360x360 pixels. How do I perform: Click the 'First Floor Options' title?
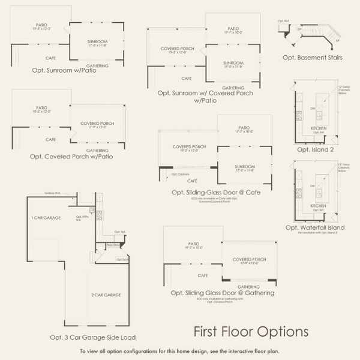pyautogui.click(x=251, y=331)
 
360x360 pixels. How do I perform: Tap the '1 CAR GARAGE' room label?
pyautogui.click(x=46, y=217)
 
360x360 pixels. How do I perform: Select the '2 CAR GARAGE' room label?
pyautogui.click(x=106, y=295)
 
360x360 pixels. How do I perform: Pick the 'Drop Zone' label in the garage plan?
pyautogui.click(x=113, y=245)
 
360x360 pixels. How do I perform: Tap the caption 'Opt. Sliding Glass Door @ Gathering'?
pyautogui.click(x=223, y=293)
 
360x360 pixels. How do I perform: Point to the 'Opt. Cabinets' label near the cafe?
pyautogui.click(x=179, y=175)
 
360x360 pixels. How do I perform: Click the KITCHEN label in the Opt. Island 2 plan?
pyautogui.click(x=318, y=128)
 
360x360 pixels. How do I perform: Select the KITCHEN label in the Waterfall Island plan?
pyautogui.click(x=318, y=205)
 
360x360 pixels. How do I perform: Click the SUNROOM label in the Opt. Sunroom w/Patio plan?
pyautogui.click(x=97, y=42)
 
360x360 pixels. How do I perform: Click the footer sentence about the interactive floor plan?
pyautogui.click(x=179, y=351)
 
